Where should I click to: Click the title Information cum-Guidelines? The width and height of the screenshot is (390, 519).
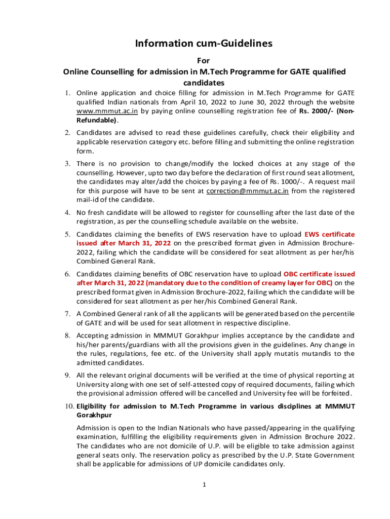coord(204,44)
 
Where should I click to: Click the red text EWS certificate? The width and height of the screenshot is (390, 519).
coord(329,234)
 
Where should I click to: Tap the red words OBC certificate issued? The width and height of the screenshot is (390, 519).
coord(320,274)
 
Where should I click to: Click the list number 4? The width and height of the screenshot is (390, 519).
coord(67,212)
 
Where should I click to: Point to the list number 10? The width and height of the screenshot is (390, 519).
coord(69,406)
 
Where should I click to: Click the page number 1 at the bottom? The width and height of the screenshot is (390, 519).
coord(204,485)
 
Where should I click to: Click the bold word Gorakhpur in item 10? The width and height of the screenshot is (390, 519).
coord(94,415)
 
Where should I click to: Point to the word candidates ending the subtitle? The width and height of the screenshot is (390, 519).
coord(204,83)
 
